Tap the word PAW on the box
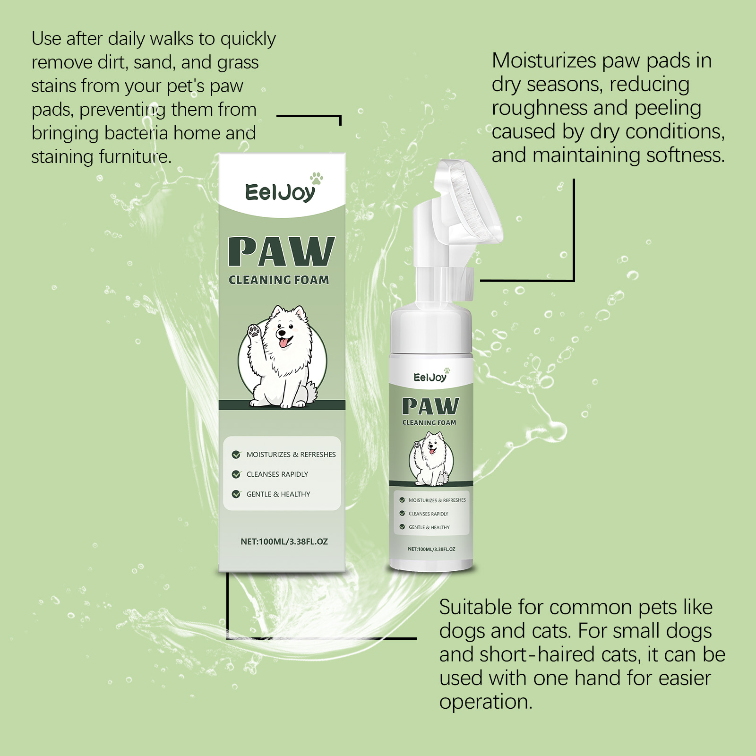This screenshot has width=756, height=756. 282,252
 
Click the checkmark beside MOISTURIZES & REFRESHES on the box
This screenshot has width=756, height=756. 236,455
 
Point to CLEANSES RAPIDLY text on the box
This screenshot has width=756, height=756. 277,474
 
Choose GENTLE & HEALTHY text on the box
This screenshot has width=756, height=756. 278,494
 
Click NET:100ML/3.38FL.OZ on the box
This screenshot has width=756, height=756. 284,541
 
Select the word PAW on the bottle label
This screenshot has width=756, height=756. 430,406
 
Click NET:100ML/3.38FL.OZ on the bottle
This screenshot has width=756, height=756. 431,549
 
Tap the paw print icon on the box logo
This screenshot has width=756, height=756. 316,179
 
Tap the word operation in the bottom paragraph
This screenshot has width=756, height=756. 486,703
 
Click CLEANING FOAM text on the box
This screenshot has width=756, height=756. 279,280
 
